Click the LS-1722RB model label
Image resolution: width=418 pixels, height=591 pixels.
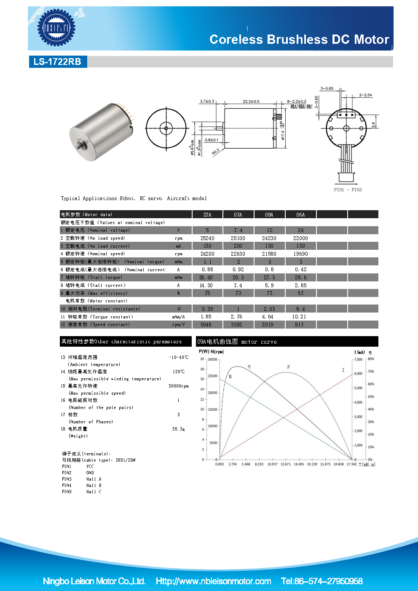pyautogui.click(x=57, y=62)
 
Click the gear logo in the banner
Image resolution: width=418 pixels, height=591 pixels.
pyautogui.click(x=56, y=28)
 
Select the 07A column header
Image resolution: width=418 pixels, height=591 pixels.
pyautogui.click(x=238, y=214)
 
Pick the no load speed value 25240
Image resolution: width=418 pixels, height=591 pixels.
pyautogui.click(x=207, y=238)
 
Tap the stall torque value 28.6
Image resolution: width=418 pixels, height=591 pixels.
pyautogui.click(x=300, y=278)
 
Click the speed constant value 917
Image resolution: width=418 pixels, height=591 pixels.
pyautogui.click(x=299, y=325)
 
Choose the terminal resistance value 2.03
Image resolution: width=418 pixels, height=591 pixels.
pyautogui.click(x=269, y=309)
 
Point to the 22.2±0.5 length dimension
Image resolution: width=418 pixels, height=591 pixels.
pyautogui.click(x=251, y=102)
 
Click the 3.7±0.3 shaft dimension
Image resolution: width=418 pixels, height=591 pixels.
pyautogui.click(x=207, y=102)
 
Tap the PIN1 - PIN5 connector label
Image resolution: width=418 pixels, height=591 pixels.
pyautogui.click(x=348, y=190)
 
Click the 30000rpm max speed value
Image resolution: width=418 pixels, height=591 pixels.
pyautogui.click(x=179, y=386)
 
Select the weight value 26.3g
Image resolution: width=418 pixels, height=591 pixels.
pyautogui.click(x=179, y=429)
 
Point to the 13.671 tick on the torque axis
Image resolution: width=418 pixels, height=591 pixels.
pyautogui.click(x=286, y=464)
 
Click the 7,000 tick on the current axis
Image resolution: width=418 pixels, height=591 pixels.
pyautogui.click(x=358, y=359)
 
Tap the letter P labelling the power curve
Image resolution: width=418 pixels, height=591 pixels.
pyautogui.click(x=289, y=367)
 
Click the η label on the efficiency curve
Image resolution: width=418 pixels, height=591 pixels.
pyautogui.click(x=249, y=367)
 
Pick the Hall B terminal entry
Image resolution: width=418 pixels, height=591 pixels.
pyautogui.click(x=94, y=485)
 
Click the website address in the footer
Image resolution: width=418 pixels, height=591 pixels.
pyautogui.click(x=213, y=581)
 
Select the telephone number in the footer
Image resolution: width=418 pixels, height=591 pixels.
pyautogui.click(x=322, y=581)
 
